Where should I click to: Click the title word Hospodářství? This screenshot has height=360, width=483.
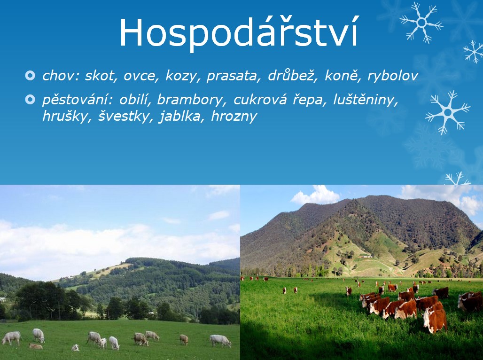click(x=239, y=33)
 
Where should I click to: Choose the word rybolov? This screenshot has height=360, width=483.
click(x=393, y=76)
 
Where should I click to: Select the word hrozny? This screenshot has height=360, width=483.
click(x=234, y=117)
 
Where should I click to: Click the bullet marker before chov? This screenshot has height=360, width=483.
click(x=30, y=76)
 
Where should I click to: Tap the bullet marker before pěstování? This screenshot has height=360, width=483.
click(x=30, y=100)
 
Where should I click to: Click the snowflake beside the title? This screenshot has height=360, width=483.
click(x=421, y=23)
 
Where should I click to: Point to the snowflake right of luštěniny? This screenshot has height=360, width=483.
click(x=448, y=112)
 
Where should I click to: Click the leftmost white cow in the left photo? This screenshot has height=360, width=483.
click(x=11, y=337)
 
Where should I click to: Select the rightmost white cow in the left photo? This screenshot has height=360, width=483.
click(x=220, y=340)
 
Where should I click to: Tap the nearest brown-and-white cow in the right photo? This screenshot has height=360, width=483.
click(x=435, y=320)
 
